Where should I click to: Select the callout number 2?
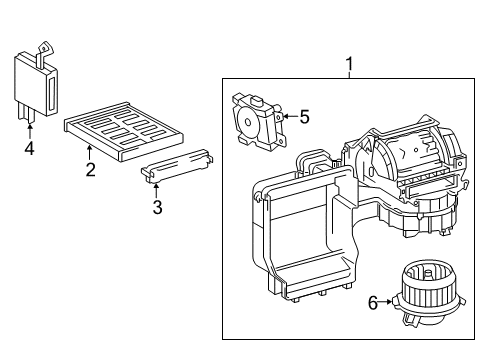pyautogui.click(x=90, y=170)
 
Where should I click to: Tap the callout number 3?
pyautogui.click(x=157, y=207)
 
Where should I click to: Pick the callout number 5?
pyautogui.click(x=304, y=117)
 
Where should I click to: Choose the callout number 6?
pyautogui.click(x=373, y=301)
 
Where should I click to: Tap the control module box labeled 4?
pyautogui.click(x=32, y=85)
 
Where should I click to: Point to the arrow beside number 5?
pyautogui.click(x=288, y=117)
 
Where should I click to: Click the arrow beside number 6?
pyautogui.click(x=388, y=301)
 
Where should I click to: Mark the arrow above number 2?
pyautogui.click(x=90, y=152)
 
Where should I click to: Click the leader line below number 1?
pyautogui.click(x=349, y=78)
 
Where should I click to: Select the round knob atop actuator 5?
pyautogui.click(x=258, y=100)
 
